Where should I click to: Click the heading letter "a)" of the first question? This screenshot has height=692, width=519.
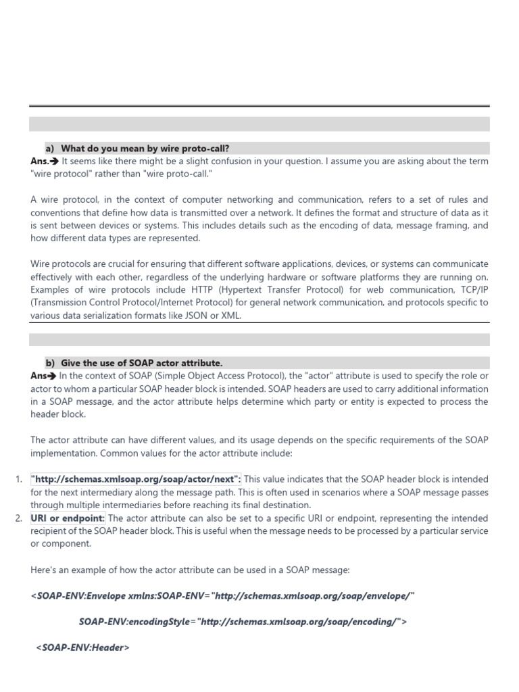click(49, 148)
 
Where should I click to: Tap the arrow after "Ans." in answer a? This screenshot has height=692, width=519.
click(55, 162)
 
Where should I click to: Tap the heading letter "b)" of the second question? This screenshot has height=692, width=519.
click(50, 363)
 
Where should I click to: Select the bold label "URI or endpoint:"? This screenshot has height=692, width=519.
click(68, 518)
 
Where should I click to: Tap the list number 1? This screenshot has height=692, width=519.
click(18, 480)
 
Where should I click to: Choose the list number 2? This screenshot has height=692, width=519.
click(18, 518)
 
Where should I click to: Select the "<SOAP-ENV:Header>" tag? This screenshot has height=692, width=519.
click(82, 647)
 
